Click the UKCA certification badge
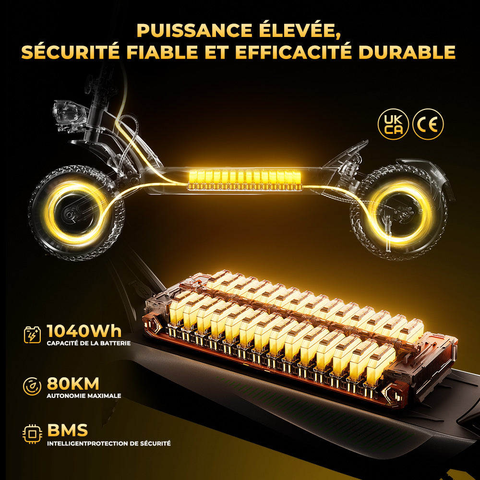393,124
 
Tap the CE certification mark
428,124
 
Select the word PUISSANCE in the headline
194,30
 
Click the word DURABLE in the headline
407,52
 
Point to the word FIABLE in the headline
162,52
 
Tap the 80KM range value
73,384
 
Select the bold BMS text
67,430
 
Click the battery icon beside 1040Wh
32,335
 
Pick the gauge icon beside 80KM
32,386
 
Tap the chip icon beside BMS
32,434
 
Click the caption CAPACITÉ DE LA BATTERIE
89,343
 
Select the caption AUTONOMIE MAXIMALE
84,396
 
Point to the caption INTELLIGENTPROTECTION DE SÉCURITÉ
108,443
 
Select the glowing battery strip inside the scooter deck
244,180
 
